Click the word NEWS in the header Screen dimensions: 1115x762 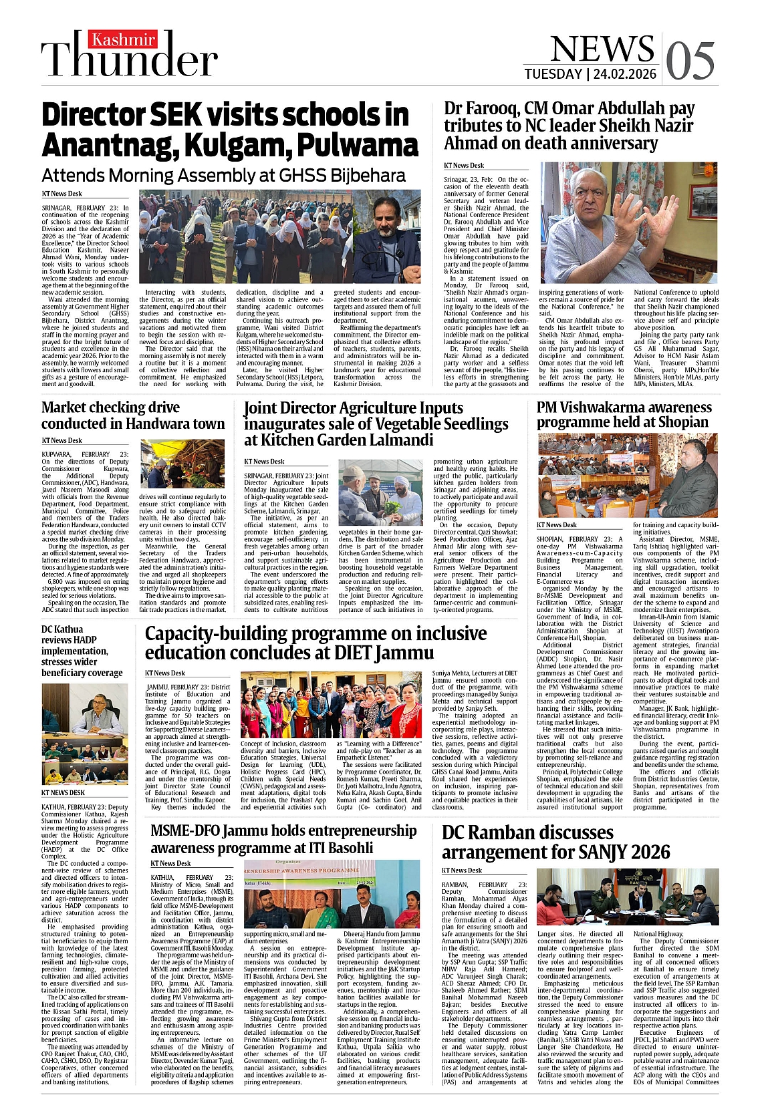pos(602,48)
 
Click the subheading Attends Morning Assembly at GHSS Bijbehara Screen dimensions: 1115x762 pos(223,176)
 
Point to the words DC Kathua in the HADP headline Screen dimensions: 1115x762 pos(62,629)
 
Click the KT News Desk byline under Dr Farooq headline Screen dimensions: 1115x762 pos(464,166)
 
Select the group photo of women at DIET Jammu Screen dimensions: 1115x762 pos(331,704)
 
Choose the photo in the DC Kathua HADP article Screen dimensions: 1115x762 pos(84,733)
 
